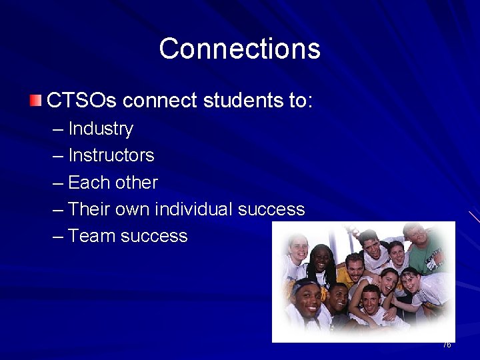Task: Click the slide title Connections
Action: (x=239, y=49)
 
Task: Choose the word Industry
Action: (x=101, y=129)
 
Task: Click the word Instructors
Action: (x=111, y=155)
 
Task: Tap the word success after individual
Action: (x=271, y=209)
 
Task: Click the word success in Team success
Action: (x=154, y=236)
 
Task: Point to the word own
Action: (x=133, y=210)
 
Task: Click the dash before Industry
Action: (x=58, y=129)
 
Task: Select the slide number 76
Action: (x=447, y=345)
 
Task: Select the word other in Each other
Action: (x=136, y=183)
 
